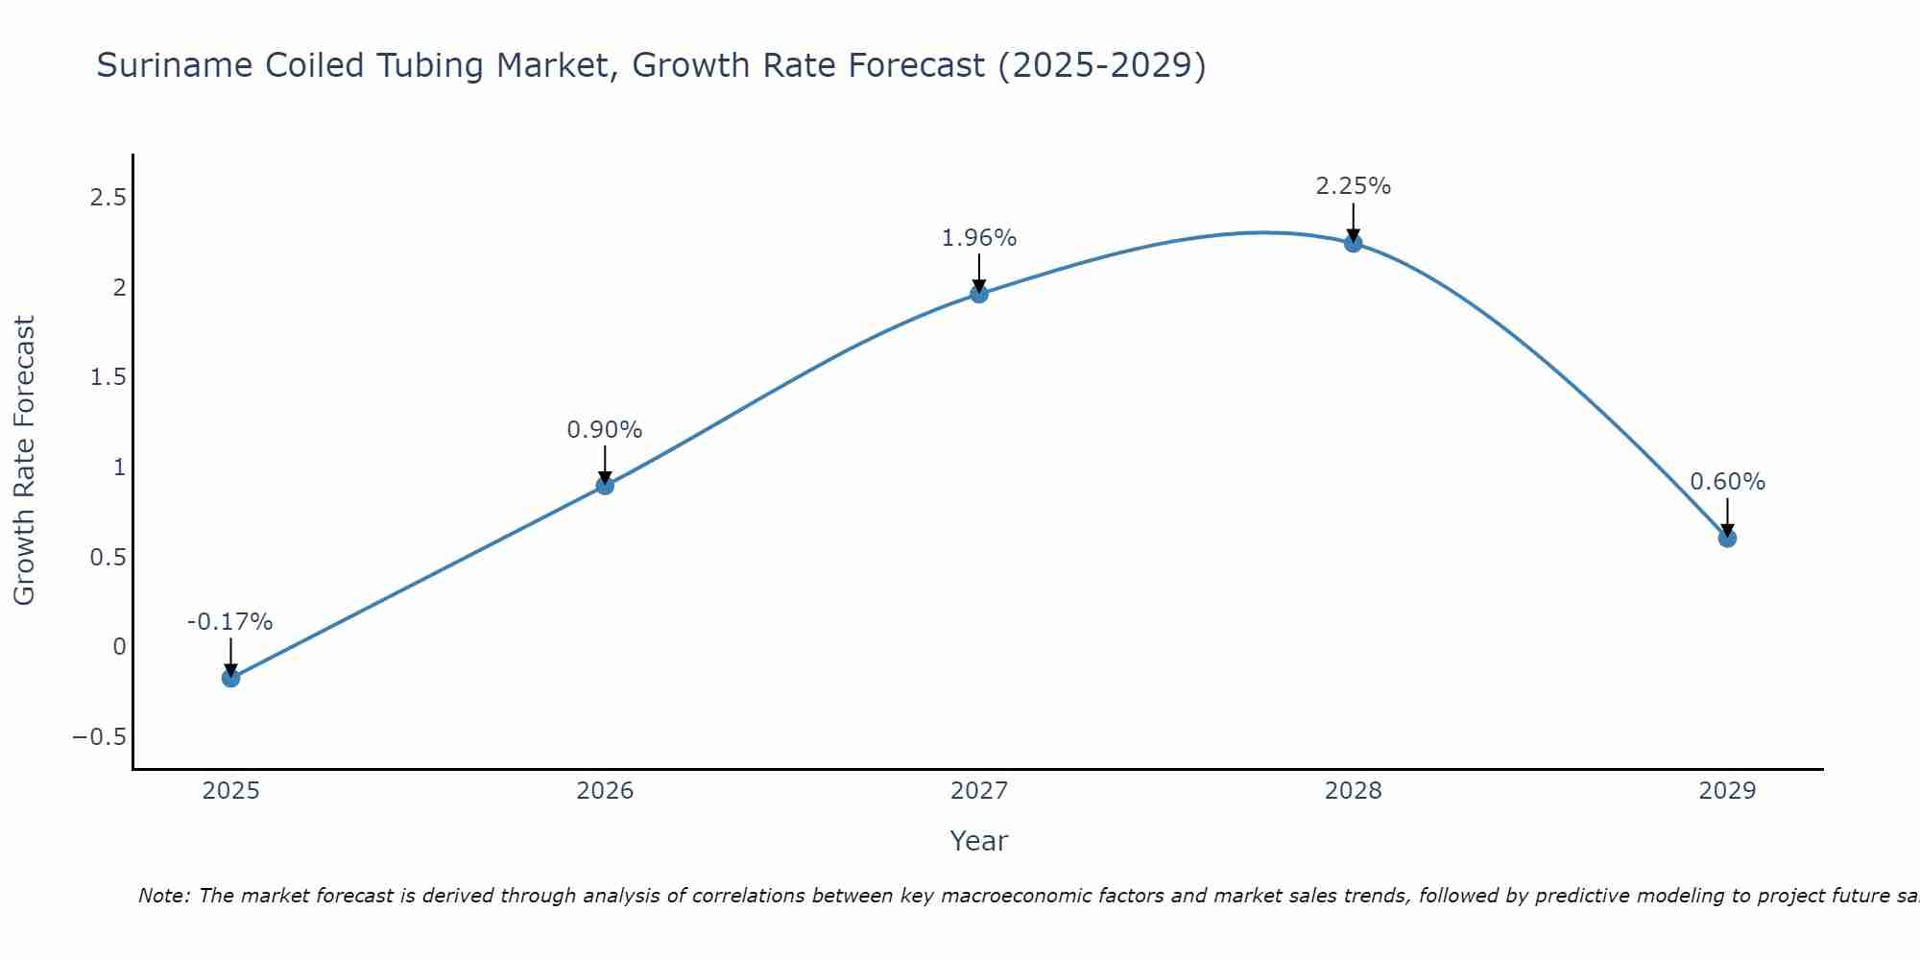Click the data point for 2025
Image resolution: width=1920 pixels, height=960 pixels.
point(230,678)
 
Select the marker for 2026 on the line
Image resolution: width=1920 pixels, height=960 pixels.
point(605,486)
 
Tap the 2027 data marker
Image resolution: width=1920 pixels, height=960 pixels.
point(979,294)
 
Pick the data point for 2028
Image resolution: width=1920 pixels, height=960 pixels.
point(1353,243)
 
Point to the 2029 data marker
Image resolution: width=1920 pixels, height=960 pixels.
point(1727,539)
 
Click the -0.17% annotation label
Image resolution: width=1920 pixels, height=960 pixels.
point(230,622)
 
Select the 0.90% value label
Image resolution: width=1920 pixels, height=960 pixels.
point(605,430)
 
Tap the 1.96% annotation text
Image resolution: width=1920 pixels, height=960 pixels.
point(979,238)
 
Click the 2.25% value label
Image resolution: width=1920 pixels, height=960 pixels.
point(1353,186)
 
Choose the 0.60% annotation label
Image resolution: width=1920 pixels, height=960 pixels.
point(1727,482)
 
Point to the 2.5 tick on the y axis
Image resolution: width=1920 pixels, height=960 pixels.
point(108,198)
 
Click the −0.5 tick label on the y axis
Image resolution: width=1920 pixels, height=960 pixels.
point(99,737)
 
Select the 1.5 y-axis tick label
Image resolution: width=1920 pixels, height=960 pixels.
point(108,377)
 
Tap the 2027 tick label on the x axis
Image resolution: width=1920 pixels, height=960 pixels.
point(979,791)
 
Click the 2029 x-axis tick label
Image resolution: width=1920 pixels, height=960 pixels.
point(1727,791)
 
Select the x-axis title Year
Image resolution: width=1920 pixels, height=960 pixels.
point(979,841)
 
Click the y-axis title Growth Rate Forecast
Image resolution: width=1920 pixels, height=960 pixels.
point(24,461)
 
